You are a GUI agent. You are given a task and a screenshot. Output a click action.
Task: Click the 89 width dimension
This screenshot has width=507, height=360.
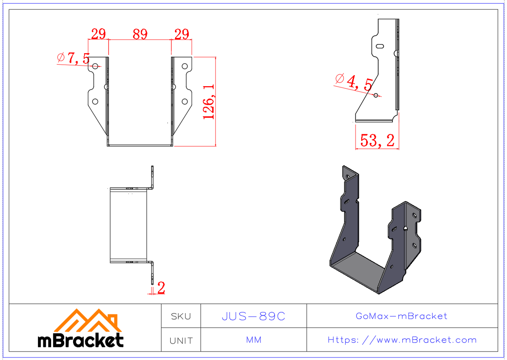point(140,34)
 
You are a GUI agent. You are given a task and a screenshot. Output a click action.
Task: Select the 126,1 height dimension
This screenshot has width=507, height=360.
point(210,101)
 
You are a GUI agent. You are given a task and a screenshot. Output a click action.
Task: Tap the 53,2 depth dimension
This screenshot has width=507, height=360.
point(377,140)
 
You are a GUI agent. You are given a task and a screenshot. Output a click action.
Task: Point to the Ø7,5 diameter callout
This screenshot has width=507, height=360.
point(74,58)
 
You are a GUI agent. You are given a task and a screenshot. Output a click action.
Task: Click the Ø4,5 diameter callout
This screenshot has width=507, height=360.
point(354,82)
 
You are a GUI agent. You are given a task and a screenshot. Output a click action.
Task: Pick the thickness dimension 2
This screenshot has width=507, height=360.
point(161,288)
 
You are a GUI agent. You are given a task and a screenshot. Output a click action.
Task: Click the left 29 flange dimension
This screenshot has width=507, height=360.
point(98,34)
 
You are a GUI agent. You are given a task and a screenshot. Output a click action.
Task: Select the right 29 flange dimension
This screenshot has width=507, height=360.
point(182,34)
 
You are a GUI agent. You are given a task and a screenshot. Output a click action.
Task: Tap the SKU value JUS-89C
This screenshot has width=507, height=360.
point(253,316)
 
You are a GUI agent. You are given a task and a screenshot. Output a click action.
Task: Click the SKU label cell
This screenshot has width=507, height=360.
point(181,316)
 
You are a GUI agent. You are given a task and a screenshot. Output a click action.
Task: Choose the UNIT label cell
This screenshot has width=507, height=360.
point(181,340)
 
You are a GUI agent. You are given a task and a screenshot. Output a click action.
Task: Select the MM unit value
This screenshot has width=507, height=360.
point(253,340)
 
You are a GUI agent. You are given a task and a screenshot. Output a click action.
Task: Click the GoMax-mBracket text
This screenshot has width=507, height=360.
point(401,316)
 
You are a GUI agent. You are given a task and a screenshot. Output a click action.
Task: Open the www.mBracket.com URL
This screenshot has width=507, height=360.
point(402,340)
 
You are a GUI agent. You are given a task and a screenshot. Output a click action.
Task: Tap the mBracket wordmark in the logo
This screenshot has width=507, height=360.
point(81,340)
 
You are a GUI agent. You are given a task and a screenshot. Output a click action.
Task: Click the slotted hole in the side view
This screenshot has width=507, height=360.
point(379,46)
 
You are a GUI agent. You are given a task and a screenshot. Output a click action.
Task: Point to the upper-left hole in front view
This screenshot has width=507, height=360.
point(95,66)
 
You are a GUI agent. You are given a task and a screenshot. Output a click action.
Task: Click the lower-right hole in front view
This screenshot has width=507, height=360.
point(185,101)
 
